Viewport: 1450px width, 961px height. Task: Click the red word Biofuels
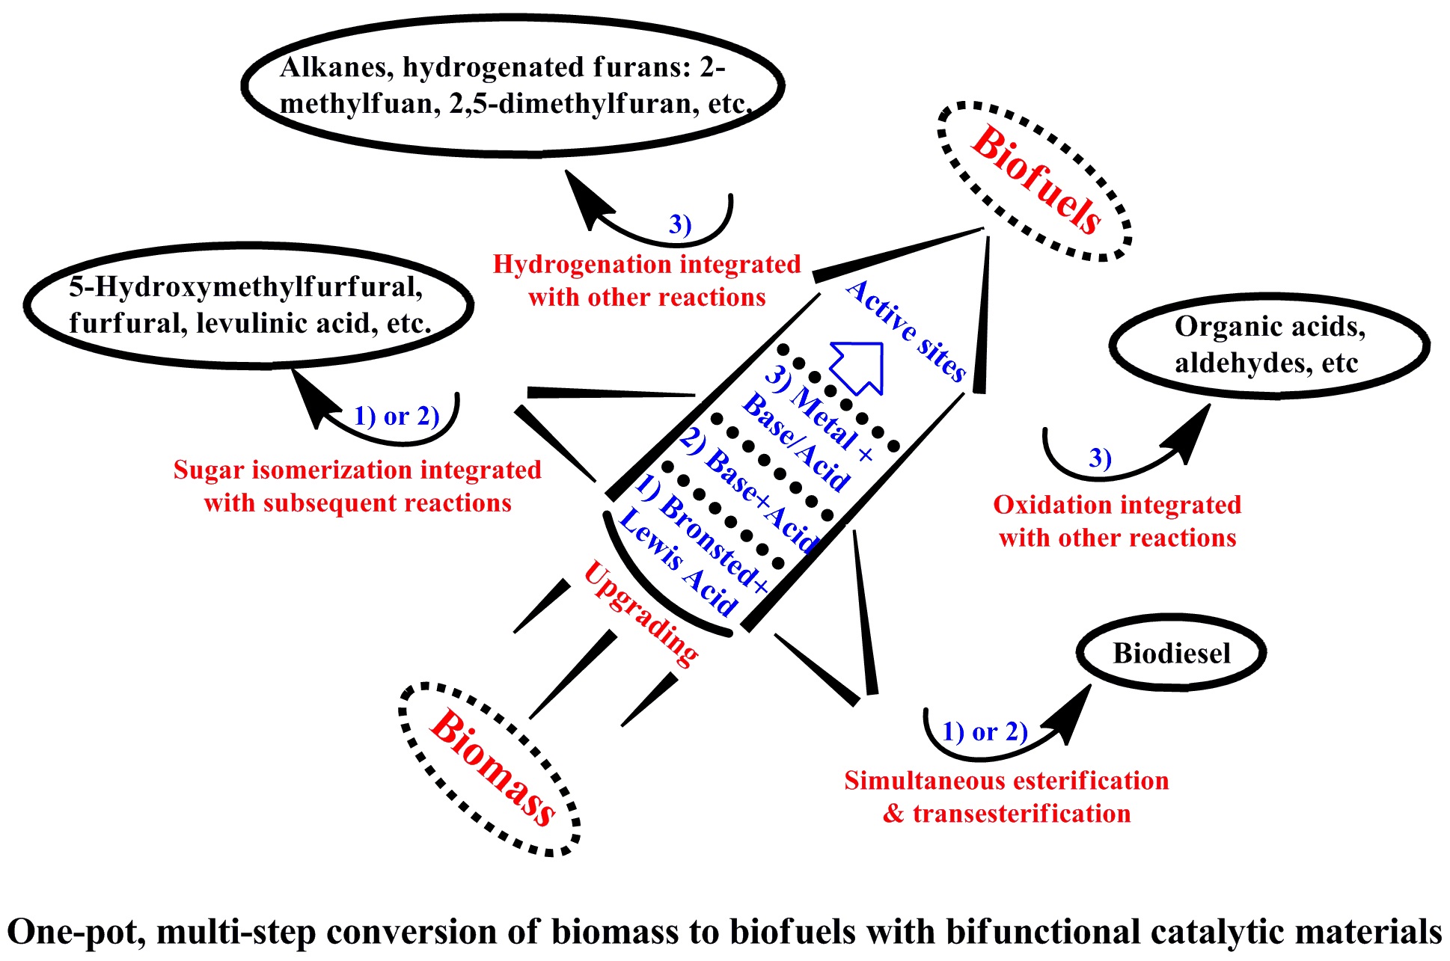[x=1036, y=181]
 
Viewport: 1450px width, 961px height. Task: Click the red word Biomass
[x=492, y=768]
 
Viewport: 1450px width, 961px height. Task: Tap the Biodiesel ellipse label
[x=1171, y=654]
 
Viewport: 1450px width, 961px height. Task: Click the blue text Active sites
[x=906, y=330]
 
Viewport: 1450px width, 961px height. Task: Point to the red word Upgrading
[x=641, y=613]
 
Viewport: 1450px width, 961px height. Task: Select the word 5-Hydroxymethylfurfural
[x=246, y=287]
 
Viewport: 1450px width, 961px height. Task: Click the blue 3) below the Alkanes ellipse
[x=679, y=224]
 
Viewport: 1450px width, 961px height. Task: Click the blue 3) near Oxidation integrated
[x=1100, y=457]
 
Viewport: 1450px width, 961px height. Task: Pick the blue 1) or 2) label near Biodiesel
[x=985, y=731]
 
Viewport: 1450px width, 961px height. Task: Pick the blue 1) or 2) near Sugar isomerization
[x=396, y=416]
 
